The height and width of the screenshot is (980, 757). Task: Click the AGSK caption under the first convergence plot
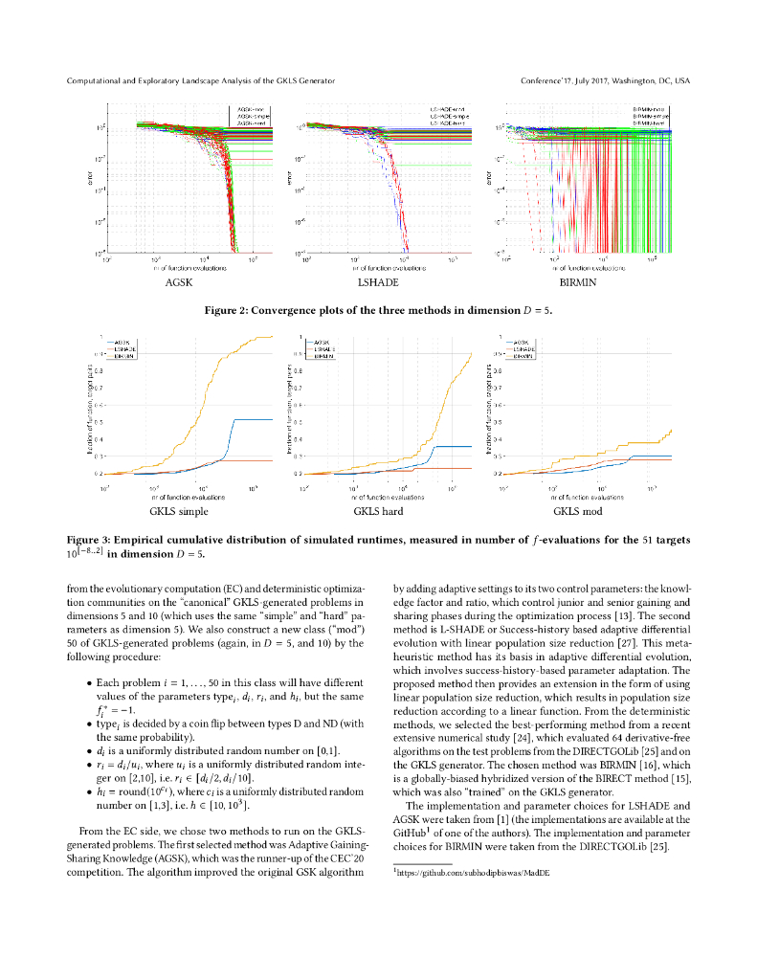coord(179,283)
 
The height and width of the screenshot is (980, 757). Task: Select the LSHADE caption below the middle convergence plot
coord(378,283)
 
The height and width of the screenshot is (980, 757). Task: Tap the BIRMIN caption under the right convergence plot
coord(577,283)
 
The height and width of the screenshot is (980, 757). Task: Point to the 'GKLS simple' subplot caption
coord(179,512)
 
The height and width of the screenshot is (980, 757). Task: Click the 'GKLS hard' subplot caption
coord(378,512)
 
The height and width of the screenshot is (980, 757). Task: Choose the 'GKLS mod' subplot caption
coord(577,512)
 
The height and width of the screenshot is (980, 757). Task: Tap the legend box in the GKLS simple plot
coord(122,348)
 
